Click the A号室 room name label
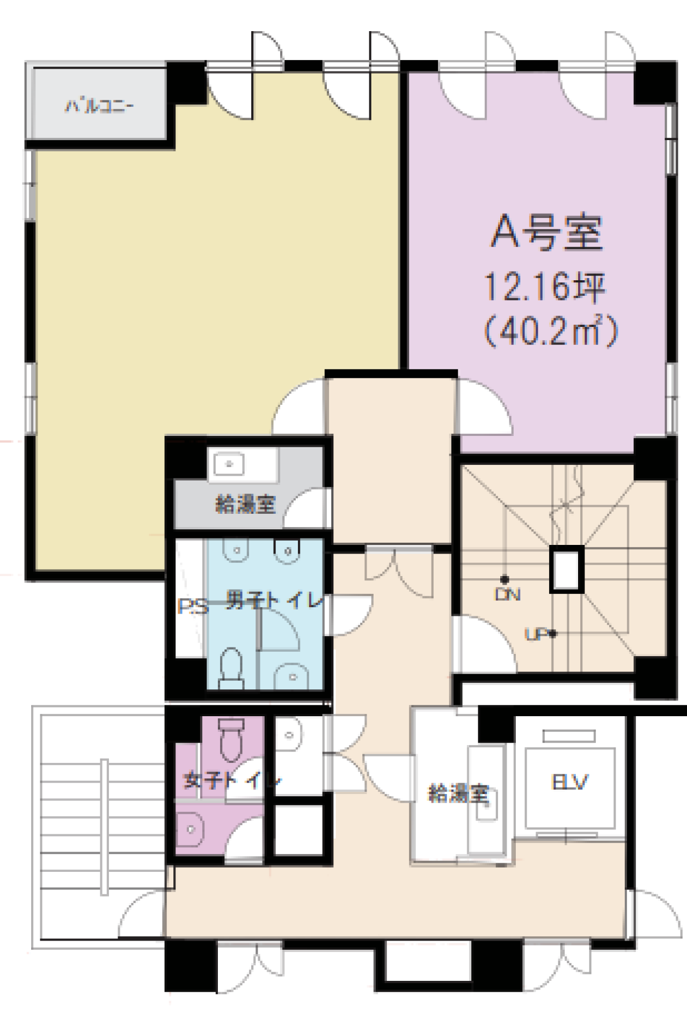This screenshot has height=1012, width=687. click(546, 233)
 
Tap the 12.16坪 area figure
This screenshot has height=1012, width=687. click(545, 287)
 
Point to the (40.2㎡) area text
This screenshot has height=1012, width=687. click(551, 332)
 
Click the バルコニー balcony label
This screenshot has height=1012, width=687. click(100, 106)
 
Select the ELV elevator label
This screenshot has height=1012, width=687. click(569, 782)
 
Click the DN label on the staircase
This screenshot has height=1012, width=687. click(508, 594)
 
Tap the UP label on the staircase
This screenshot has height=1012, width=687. click(536, 635)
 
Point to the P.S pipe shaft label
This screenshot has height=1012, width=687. click(192, 607)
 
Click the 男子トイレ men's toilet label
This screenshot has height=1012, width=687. click(274, 600)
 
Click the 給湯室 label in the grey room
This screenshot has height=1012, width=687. click(245, 504)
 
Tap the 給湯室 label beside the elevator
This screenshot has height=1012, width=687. click(458, 793)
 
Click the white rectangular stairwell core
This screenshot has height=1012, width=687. click(566, 569)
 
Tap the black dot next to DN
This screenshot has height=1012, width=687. click(505, 580)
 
